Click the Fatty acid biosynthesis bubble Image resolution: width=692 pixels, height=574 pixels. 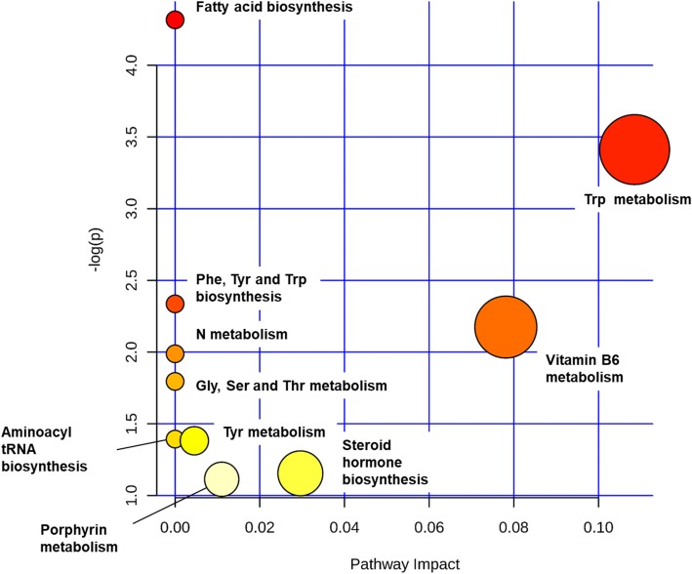click(175, 19)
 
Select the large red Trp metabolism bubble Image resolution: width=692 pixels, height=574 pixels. click(634, 149)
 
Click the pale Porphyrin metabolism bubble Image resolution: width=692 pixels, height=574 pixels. click(222, 478)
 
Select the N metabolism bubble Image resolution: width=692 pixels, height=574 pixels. click(175, 353)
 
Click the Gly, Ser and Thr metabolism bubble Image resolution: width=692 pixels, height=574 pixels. click(175, 381)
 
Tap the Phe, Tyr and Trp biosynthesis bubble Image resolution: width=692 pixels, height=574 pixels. click(175, 304)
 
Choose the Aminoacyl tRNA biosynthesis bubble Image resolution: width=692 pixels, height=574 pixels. click(175, 439)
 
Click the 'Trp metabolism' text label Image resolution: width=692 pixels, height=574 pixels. click(636, 201)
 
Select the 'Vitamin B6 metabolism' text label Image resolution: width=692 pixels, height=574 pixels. click(584, 368)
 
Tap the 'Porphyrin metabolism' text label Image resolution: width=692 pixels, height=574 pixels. click(79, 538)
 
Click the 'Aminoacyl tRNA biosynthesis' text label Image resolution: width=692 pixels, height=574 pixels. click(49, 449)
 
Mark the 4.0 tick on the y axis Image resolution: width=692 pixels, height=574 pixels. click(137, 65)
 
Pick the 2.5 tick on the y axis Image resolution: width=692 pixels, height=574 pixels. click(137, 280)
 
